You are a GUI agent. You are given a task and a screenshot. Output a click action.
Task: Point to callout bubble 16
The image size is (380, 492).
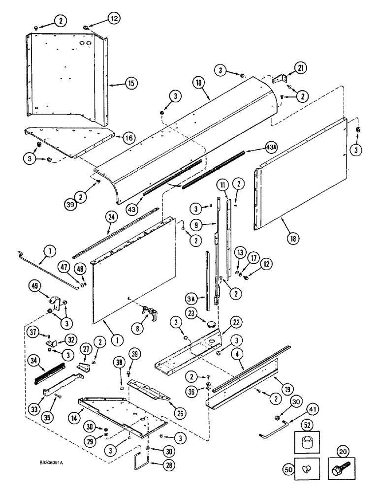pyautogui.click(x=129, y=138)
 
